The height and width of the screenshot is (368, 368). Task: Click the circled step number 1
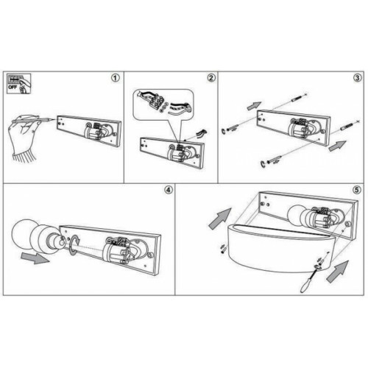pos(116,78)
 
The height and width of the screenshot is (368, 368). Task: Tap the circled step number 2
pos(210,78)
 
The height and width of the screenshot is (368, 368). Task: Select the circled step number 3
pos(357,78)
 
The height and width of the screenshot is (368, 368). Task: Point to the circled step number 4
pos(168,190)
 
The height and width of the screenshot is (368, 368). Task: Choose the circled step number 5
pos(357,190)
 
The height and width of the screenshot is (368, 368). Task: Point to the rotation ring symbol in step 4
pos(75,245)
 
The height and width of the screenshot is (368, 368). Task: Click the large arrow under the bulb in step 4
pos(35,258)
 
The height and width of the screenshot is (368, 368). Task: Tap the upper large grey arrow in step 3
pos(254,106)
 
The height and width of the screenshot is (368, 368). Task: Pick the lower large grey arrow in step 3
pos(338,146)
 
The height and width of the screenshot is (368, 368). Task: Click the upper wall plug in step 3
pos(297,98)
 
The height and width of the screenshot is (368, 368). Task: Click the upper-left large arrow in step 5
pos(220,219)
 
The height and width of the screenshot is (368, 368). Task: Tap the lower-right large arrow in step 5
pos(338,272)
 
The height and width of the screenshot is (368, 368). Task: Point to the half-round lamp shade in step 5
pos(280,248)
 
